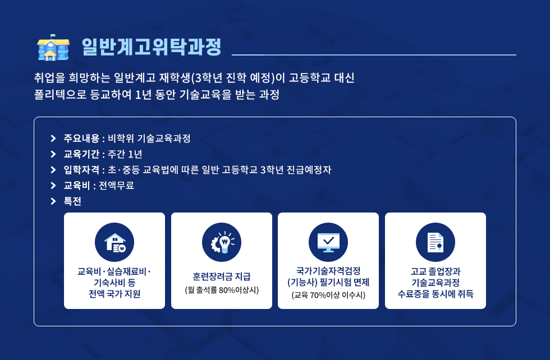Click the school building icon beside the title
tap(53, 47)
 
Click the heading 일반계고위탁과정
tap(152, 47)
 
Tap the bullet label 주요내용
tap(81, 138)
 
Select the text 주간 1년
tap(125, 154)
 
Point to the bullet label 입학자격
tap(81, 170)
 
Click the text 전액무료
tap(117, 185)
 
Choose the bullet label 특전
tap(72, 201)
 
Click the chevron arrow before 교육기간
tap(53, 154)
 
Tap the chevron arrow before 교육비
tap(53, 185)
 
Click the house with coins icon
tap(114, 242)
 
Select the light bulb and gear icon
tap(222, 242)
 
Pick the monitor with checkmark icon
tap(328, 242)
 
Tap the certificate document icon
tap(436, 242)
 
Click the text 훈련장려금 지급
tap(222, 276)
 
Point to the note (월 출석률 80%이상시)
tap(222, 290)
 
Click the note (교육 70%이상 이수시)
tap(328, 295)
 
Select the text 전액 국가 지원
tap(114, 293)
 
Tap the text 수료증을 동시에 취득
tap(436, 293)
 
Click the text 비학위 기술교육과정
tap(149, 138)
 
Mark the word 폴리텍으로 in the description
tap(60, 94)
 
